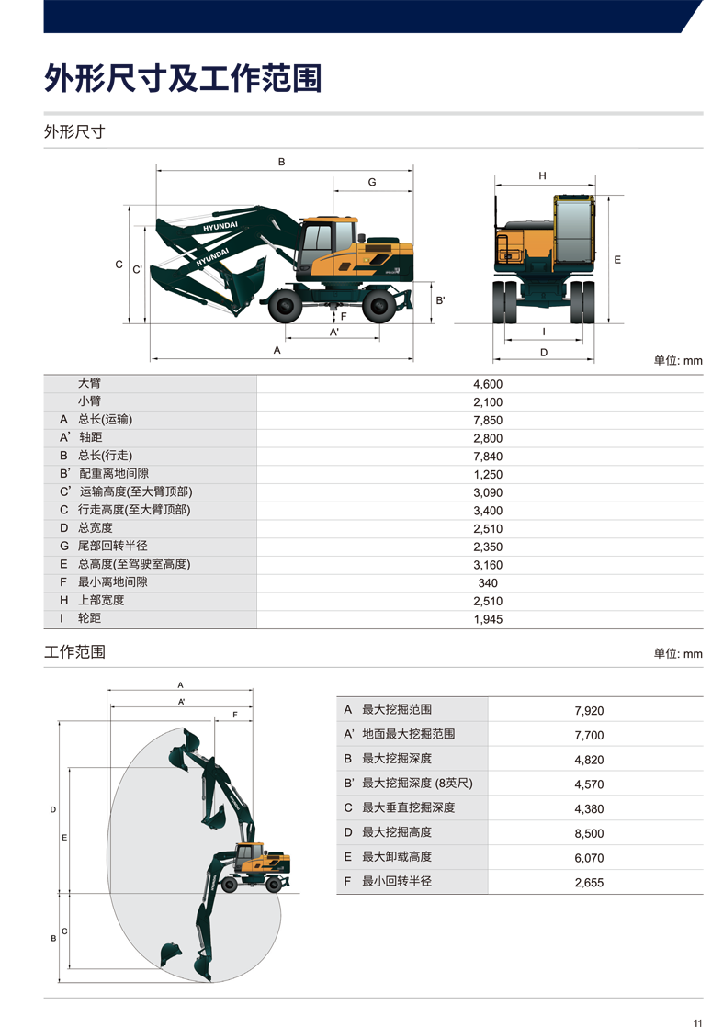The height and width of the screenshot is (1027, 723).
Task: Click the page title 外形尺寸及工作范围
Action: [x=183, y=79]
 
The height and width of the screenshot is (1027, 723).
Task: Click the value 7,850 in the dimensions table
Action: [x=488, y=421]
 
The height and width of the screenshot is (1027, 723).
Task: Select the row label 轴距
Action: [x=90, y=437]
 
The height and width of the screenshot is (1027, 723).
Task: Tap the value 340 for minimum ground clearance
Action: [x=488, y=583]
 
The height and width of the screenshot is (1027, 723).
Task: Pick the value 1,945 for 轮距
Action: [x=488, y=619]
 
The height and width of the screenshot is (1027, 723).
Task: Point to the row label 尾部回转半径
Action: [x=113, y=546]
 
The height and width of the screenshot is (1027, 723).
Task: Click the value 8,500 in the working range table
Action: [x=589, y=833]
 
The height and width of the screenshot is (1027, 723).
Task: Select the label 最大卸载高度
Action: [x=397, y=857]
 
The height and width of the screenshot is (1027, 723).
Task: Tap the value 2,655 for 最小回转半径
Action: [x=589, y=882]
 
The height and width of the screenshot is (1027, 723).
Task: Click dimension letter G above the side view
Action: [x=372, y=182]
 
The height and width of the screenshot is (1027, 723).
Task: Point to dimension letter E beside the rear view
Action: [x=617, y=260]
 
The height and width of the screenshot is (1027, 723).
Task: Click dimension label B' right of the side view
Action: [x=441, y=300]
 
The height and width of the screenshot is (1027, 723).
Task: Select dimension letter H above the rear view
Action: [x=542, y=175]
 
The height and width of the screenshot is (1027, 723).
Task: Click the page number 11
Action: [x=697, y=1022]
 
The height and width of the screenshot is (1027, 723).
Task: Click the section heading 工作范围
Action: [x=74, y=651]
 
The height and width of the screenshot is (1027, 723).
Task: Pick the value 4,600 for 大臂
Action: [x=488, y=385]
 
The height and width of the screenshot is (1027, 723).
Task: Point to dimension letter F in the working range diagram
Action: [x=235, y=715]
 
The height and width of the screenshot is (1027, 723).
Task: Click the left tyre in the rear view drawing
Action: [x=505, y=301]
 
